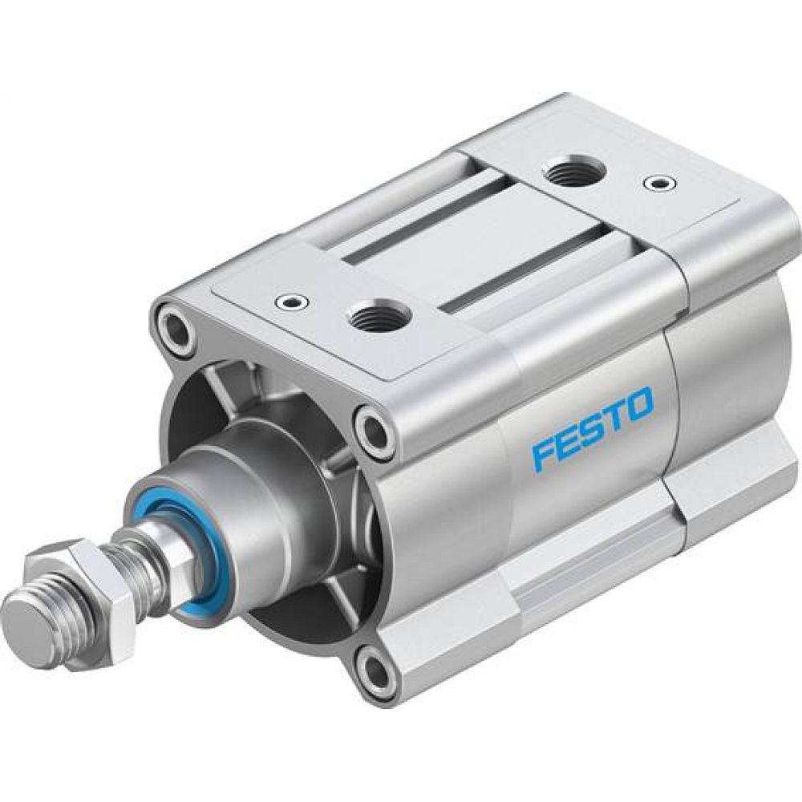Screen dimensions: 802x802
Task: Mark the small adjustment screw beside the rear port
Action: pyautogui.click(x=660, y=184)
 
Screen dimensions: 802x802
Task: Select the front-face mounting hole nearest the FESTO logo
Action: pyautogui.click(x=374, y=433)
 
